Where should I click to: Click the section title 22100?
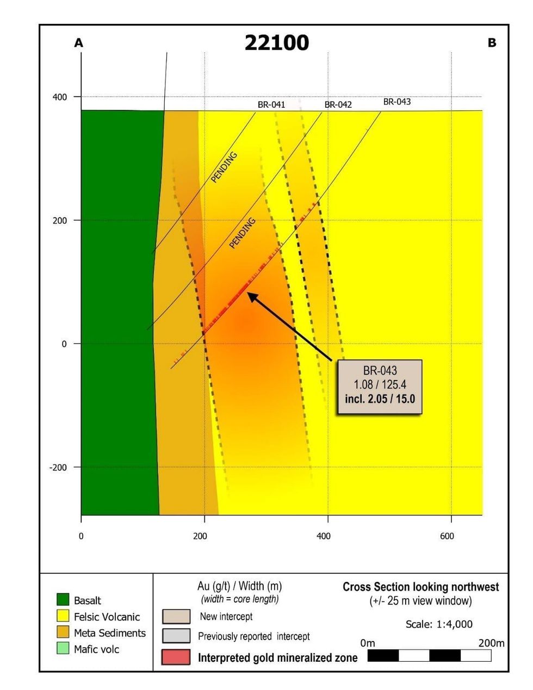(x=276, y=42)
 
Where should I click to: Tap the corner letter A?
(x=79, y=43)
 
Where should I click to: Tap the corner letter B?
(x=492, y=42)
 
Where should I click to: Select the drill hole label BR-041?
(x=271, y=104)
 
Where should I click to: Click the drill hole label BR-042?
(x=338, y=104)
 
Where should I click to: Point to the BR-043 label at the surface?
(x=396, y=102)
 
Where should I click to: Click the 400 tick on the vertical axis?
(x=60, y=97)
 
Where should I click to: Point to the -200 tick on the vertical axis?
(x=58, y=468)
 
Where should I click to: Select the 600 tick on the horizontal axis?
(x=447, y=536)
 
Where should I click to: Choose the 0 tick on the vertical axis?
(x=64, y=344)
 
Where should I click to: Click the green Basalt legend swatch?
(x=63, y=600)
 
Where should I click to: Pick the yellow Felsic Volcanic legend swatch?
(x=63, y=616)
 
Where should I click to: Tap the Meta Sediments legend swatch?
(x=63, y=632)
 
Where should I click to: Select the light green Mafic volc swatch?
(x=63, y=649)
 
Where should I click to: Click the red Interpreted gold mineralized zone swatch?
(x=176, y=657)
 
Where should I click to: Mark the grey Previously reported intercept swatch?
(x=176, y=636)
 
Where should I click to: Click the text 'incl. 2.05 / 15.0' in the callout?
(x=380, y=399)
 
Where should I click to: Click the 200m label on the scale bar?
(x=491, y=643)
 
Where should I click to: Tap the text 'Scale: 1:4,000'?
(x=439, y=624)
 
